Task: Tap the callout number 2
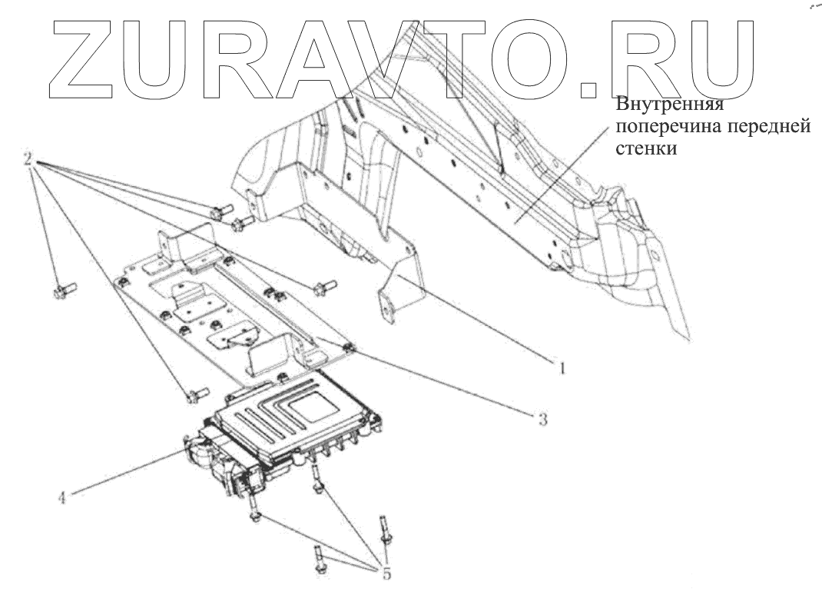28,160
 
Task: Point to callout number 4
61,497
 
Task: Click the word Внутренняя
671,105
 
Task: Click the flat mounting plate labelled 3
230,308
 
